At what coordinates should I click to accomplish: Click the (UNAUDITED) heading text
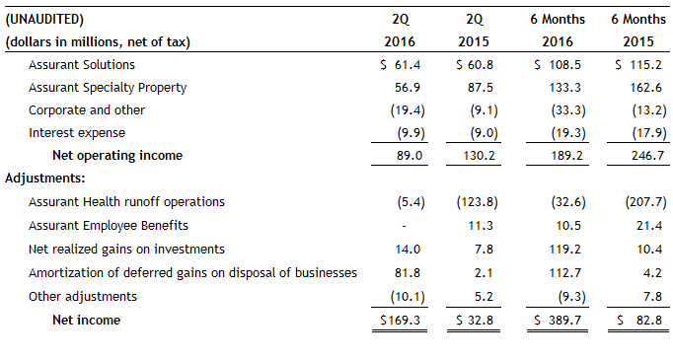click(44, 19)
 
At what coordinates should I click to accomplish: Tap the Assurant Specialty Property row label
click(108, 87)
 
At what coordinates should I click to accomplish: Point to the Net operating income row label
click(117, 155)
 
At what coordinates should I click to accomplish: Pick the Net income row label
click(86, 320)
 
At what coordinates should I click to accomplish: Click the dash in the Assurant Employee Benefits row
click(403, 225)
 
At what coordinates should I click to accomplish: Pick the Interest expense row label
click(77, 132)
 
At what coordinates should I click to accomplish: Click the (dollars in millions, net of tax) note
click(98, 41)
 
